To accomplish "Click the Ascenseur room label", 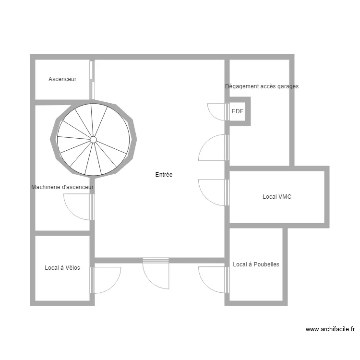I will coord(62,79).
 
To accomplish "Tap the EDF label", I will coord(238,111).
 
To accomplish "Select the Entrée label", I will coord(164,175).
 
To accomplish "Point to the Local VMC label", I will coord(277,197).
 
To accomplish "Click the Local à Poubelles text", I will coord(256,264).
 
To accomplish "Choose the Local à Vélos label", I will coord(62,268).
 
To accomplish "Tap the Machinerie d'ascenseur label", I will coord(62,187).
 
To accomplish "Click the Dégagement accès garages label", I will coord(262,86).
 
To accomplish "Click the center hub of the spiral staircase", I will coord(94,140).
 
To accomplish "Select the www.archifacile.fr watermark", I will coord(330,329).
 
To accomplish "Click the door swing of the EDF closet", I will coord(217,112).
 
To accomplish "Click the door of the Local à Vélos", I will coord(105,280).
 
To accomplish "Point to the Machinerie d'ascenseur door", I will coord(78,206).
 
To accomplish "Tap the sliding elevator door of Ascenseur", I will coord(92,79).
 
